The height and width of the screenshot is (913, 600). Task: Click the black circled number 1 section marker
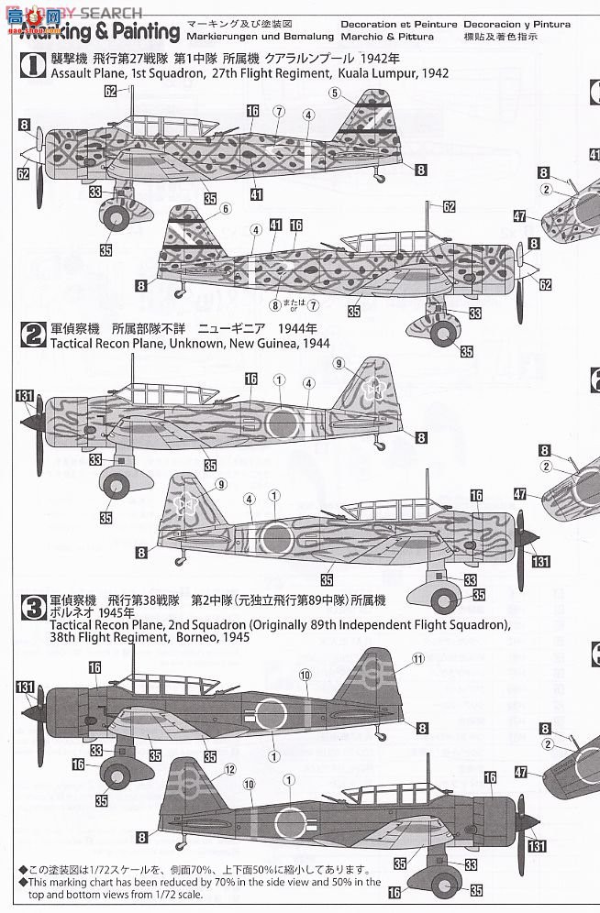coord(33,63)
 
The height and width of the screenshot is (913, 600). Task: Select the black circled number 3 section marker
coord(33,605)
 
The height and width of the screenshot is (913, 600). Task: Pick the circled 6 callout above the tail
coord(225,208)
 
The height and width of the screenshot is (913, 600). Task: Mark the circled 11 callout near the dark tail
coord(419,658)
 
